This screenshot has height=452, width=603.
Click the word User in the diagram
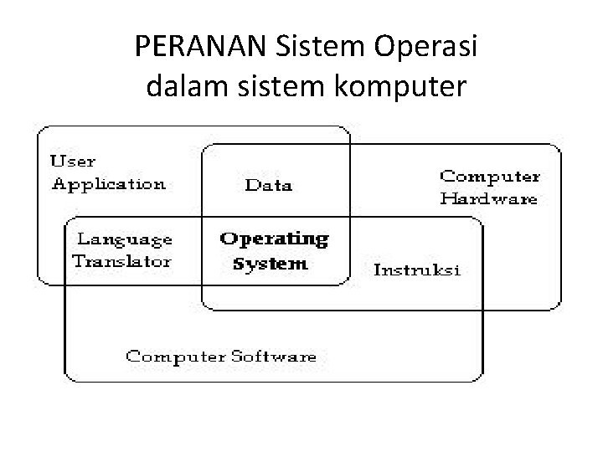[74, 161]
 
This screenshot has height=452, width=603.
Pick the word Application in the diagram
[109, 184]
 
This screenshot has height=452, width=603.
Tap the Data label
[268, 185]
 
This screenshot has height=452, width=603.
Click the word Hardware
[489, 199]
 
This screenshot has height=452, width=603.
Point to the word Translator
[121, 260]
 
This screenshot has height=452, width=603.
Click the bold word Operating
[274, 239]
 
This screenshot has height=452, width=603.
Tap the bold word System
[270, 264]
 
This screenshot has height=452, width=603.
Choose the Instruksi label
[416, 270]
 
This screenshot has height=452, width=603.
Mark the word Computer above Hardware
[490, 177]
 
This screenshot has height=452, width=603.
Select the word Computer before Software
[174, 357]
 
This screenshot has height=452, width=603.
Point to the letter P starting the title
[141, 48]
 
